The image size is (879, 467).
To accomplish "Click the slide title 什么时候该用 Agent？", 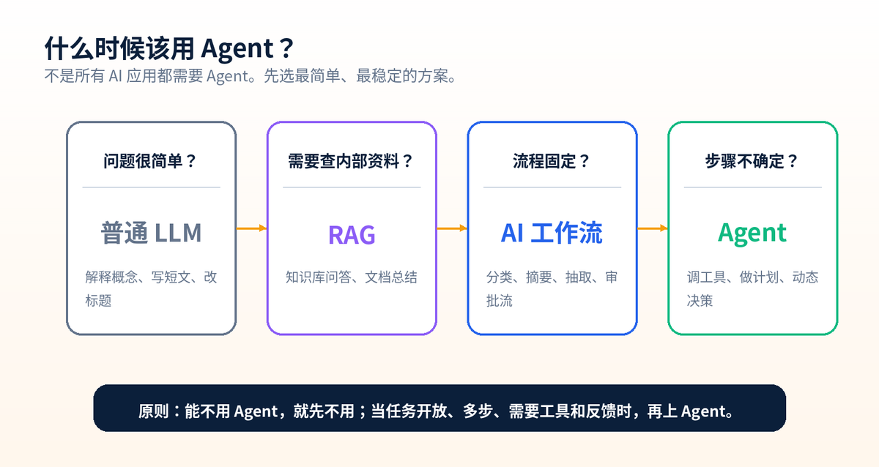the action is [169, 48].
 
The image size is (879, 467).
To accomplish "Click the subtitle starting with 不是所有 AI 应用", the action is [251, 76].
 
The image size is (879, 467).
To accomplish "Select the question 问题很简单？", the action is [149, 161].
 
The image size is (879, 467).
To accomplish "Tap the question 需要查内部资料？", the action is [350, 161].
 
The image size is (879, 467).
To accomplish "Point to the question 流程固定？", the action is [551, 161].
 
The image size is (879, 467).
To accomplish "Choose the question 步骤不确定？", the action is [752, 161].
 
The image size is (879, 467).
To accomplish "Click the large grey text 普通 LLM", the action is [152, 233].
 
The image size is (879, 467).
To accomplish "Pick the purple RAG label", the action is [352, 235].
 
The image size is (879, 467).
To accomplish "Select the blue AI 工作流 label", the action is [552, 233].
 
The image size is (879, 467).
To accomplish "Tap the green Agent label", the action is [752, 233].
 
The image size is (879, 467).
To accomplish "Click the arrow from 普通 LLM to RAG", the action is [251, 228].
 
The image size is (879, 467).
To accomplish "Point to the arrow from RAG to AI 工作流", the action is [452, 228].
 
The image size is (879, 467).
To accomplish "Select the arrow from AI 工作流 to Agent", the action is [653, 228].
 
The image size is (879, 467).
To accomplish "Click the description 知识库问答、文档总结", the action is [351, 277].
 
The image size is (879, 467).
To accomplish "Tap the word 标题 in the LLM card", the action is [98, 301].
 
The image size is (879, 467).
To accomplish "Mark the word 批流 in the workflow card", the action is [500, 301].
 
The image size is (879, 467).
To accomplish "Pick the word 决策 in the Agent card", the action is [700, 301].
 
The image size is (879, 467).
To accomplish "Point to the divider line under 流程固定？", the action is [552, 187].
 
